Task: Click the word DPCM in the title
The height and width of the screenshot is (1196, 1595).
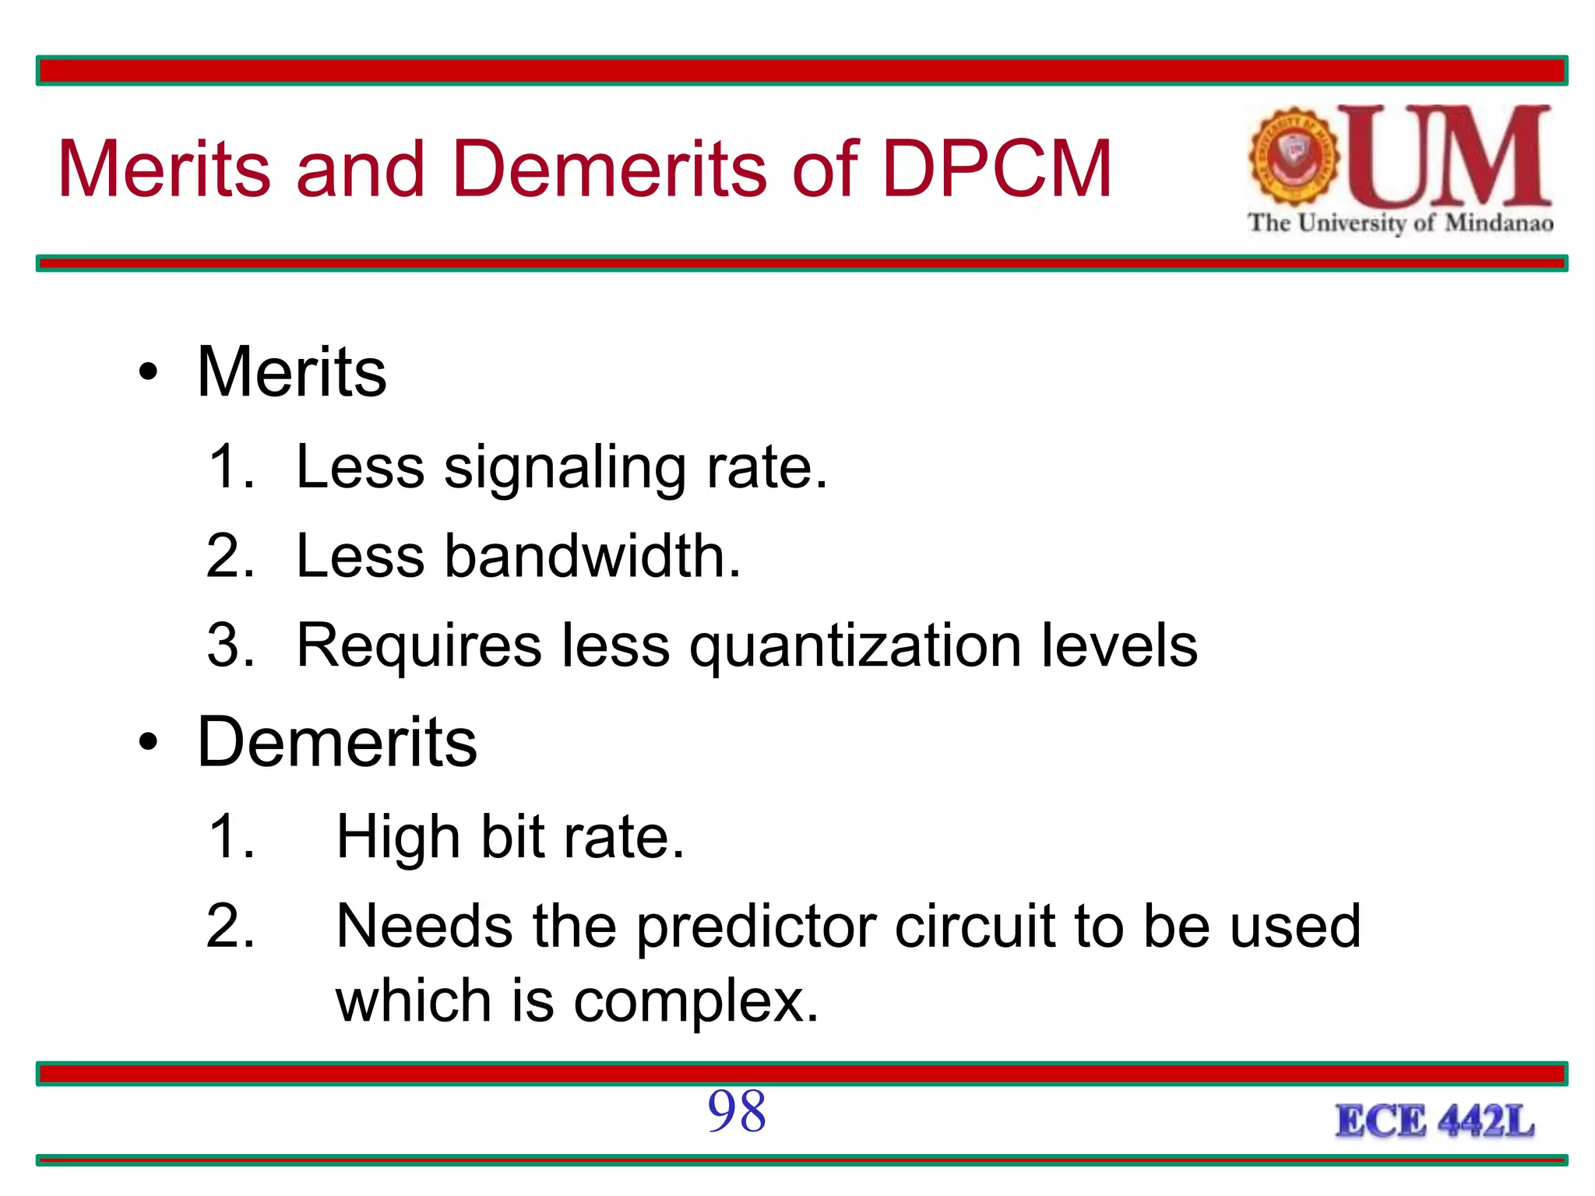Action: point(997,168)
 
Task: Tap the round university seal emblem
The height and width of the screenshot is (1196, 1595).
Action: point(1294,156)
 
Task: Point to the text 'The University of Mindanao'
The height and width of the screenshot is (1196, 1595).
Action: point(1400,223)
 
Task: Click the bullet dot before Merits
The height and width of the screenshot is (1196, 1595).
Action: point(148,372)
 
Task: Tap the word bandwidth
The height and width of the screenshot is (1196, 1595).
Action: point(592,556)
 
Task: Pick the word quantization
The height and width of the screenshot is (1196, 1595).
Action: point(855,646)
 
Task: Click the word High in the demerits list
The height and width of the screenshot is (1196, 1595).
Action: point(398,838)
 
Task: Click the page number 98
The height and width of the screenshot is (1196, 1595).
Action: point(737,1112)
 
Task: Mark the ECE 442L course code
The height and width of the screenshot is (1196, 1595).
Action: point(1435,1122)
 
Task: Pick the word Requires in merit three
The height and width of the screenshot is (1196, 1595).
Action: point(419,646)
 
